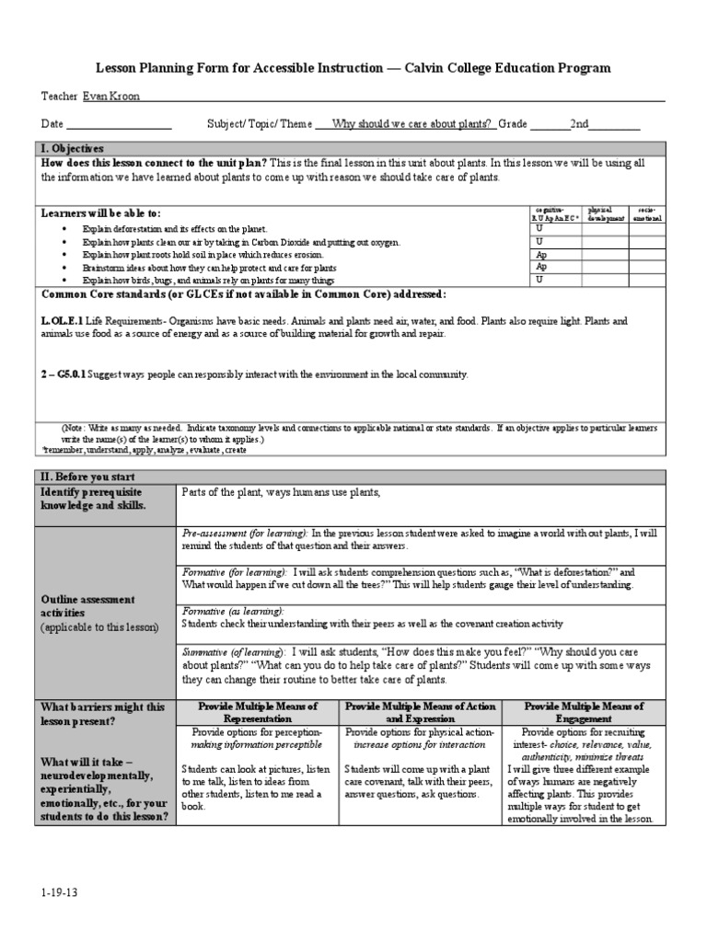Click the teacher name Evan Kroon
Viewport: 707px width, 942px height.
(x=111, y=97)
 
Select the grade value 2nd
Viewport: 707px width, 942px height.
(x=579, y=124)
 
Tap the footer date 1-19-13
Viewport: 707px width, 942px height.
(x=53, y=891)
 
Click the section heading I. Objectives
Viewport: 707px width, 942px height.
(x=73, y=148)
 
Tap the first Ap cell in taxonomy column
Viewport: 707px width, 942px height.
(x=541, y=254)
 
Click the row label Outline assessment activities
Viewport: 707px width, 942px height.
(x=87, y=606)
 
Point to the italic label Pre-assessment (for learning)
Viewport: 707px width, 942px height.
(x=244, y=533)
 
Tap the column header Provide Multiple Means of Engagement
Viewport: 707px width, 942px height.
(x=584, y=712)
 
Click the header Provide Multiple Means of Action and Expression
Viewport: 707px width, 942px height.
(x=420, y=712)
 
